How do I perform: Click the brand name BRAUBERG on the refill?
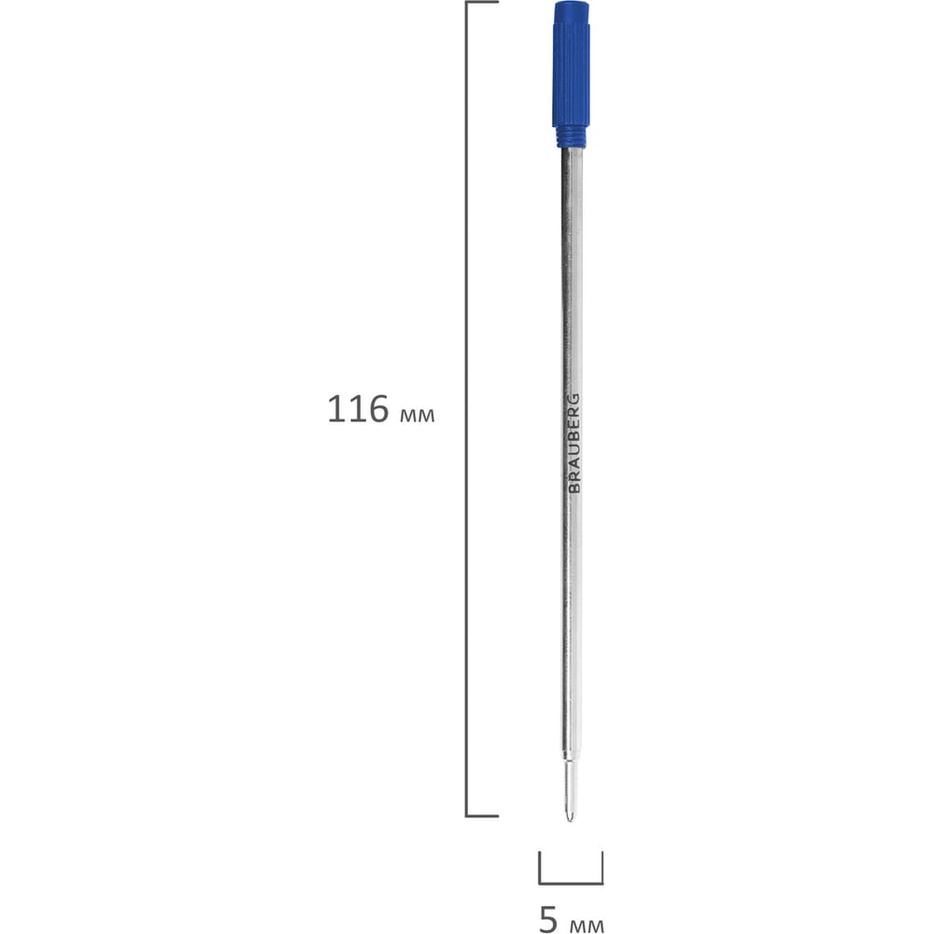[573, 443]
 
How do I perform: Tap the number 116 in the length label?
[358, 409]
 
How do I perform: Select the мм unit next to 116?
[417, 416]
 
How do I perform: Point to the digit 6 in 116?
[377, 409]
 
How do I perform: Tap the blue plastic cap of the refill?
[572, 74]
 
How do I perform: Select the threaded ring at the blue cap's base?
[572, 137]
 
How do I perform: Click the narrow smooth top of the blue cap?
[572, 12]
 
